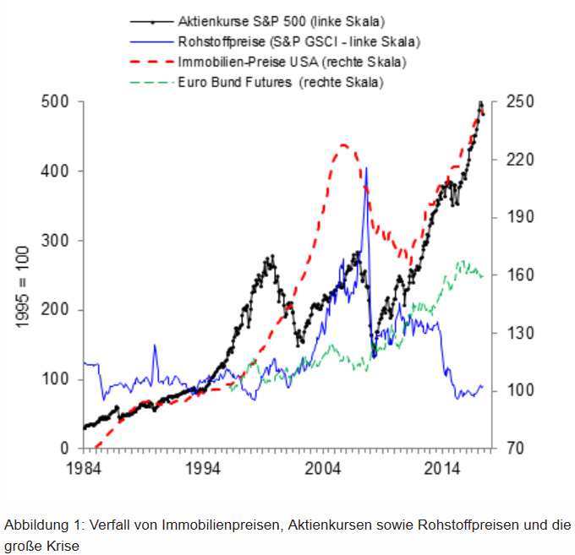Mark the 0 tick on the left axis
click(67, 448)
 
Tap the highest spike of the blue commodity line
click(366, 169)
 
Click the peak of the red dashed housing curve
click(344, 145)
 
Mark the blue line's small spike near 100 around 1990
click(155, 346)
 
